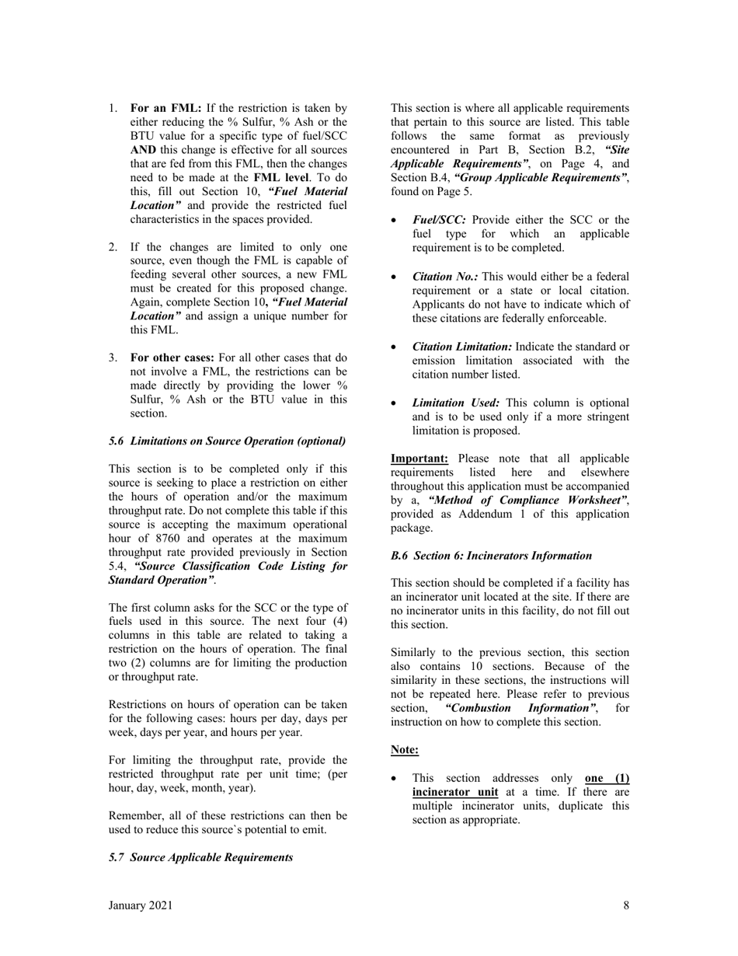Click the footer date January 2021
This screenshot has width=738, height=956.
click(141, 905)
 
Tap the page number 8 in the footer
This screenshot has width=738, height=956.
click(626, 905)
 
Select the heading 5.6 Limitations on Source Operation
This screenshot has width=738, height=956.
click(228, 441)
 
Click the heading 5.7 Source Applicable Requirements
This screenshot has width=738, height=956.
click(201, 857)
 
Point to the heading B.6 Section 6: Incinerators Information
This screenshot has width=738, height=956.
click(491, 556)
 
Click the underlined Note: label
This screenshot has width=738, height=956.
click(405, 750)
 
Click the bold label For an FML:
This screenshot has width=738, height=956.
click(165, 108)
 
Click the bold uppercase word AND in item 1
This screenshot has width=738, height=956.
click(144, 150)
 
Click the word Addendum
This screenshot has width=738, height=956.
click(475, 515)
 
